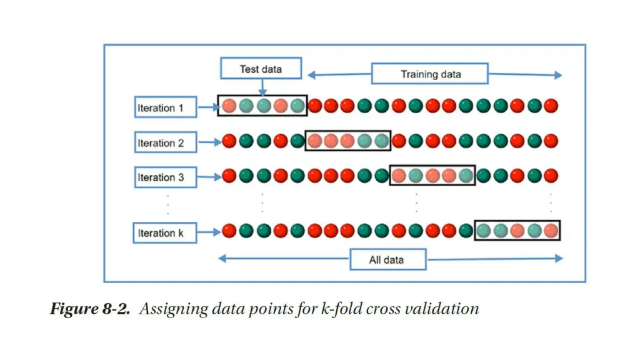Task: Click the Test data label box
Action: click(261, 69)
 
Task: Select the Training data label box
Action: click(431, 74)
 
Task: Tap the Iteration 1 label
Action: click(161, 107)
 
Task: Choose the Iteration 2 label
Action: click(161, 142)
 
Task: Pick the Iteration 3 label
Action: click(161, 177)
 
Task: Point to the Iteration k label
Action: click(161, 233)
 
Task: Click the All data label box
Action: click(387, 259)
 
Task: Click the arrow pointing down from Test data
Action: click(261, 87)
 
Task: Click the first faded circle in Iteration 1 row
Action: click(229, 106)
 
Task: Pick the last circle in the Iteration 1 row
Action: click(550, 106)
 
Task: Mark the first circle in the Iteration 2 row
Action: click(229, 141)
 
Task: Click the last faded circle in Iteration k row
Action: click(550, 231)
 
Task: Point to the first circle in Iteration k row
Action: click(229, 231)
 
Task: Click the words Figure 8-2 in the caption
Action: click(90, 309)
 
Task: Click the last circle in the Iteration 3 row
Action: click(550, 176)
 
